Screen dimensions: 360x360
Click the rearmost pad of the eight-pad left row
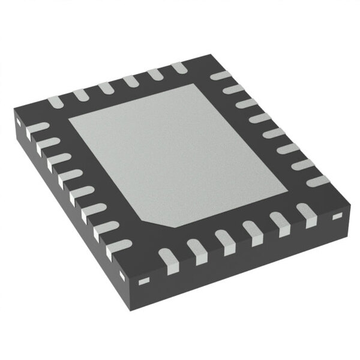[37, 128]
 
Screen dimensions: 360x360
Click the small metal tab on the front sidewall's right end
[338, 215]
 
